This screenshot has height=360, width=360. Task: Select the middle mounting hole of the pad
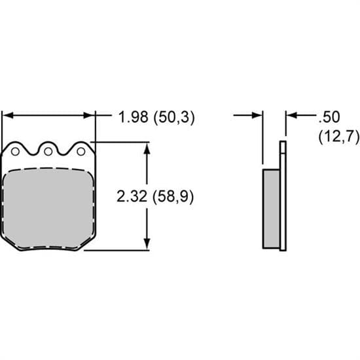48,151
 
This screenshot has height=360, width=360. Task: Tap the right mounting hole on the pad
81,151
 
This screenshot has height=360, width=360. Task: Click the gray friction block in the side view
271,208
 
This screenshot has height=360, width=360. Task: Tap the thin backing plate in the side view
283,196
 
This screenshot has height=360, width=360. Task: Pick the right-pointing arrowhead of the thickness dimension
257,116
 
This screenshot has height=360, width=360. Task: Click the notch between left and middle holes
31,154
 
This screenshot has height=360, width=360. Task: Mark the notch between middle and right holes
64,154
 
